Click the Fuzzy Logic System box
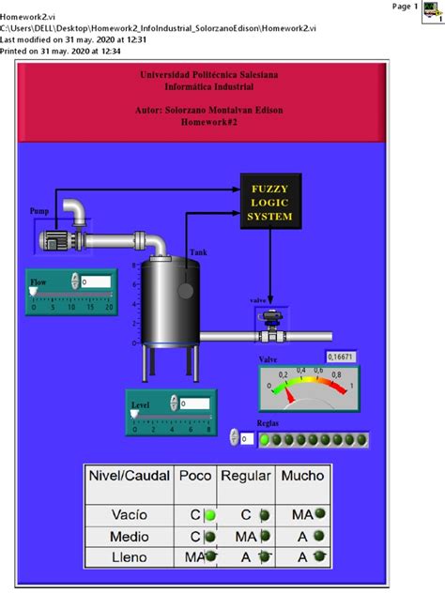pos(269,200)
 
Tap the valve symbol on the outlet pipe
pos(272,325)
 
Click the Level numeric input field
pos(194,403)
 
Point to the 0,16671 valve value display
pos(342,357)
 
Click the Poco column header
pos(195,476)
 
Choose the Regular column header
pos(246,476)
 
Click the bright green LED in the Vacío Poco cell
pos(210,514)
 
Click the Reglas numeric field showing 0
pos(246,438)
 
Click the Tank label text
pos(199,252)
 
